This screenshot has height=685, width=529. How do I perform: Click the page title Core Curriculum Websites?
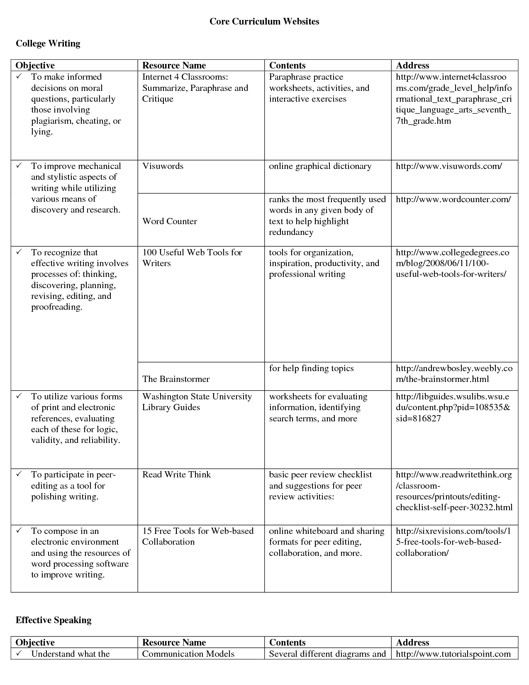(x=264, y=22)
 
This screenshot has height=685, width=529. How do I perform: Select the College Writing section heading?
(x=48, y=44)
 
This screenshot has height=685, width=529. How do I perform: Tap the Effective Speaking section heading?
(x=53, y=620)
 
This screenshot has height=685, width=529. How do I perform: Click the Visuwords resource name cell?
(x=163, y=166)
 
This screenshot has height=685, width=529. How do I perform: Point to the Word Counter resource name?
(x=169, y=221)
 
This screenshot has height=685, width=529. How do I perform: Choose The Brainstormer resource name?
(x=176, y=379)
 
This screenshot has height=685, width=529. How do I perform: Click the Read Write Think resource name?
(x=176, y=475)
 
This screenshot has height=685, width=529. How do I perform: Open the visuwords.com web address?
(x=449, y=166)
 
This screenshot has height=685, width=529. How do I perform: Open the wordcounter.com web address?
(x=453, y=199)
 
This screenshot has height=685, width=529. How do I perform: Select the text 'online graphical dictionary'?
(x=320, y=166)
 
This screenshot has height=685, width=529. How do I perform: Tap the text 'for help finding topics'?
(x=311, y=368)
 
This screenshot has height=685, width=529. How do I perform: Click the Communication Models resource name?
(x=188, y=654)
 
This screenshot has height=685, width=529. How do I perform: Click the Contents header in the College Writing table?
(x=287, y=66)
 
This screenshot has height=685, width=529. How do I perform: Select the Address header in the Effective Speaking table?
(x=412, y=643)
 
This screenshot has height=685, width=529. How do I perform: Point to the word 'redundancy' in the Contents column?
(x=290, y=232)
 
